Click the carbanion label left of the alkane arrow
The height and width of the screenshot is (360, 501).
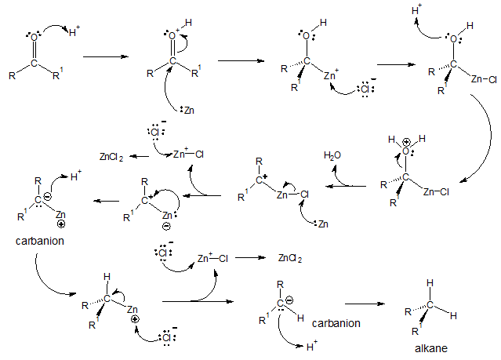coord(336,322)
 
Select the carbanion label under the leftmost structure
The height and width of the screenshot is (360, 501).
coord(38,241)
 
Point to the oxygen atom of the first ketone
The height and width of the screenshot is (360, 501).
coord(34,36)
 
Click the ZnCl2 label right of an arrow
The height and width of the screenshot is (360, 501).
coord(290,257)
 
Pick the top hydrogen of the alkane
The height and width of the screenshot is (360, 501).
coord(429,282)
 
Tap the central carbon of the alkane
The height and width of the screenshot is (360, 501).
coord(430,304)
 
